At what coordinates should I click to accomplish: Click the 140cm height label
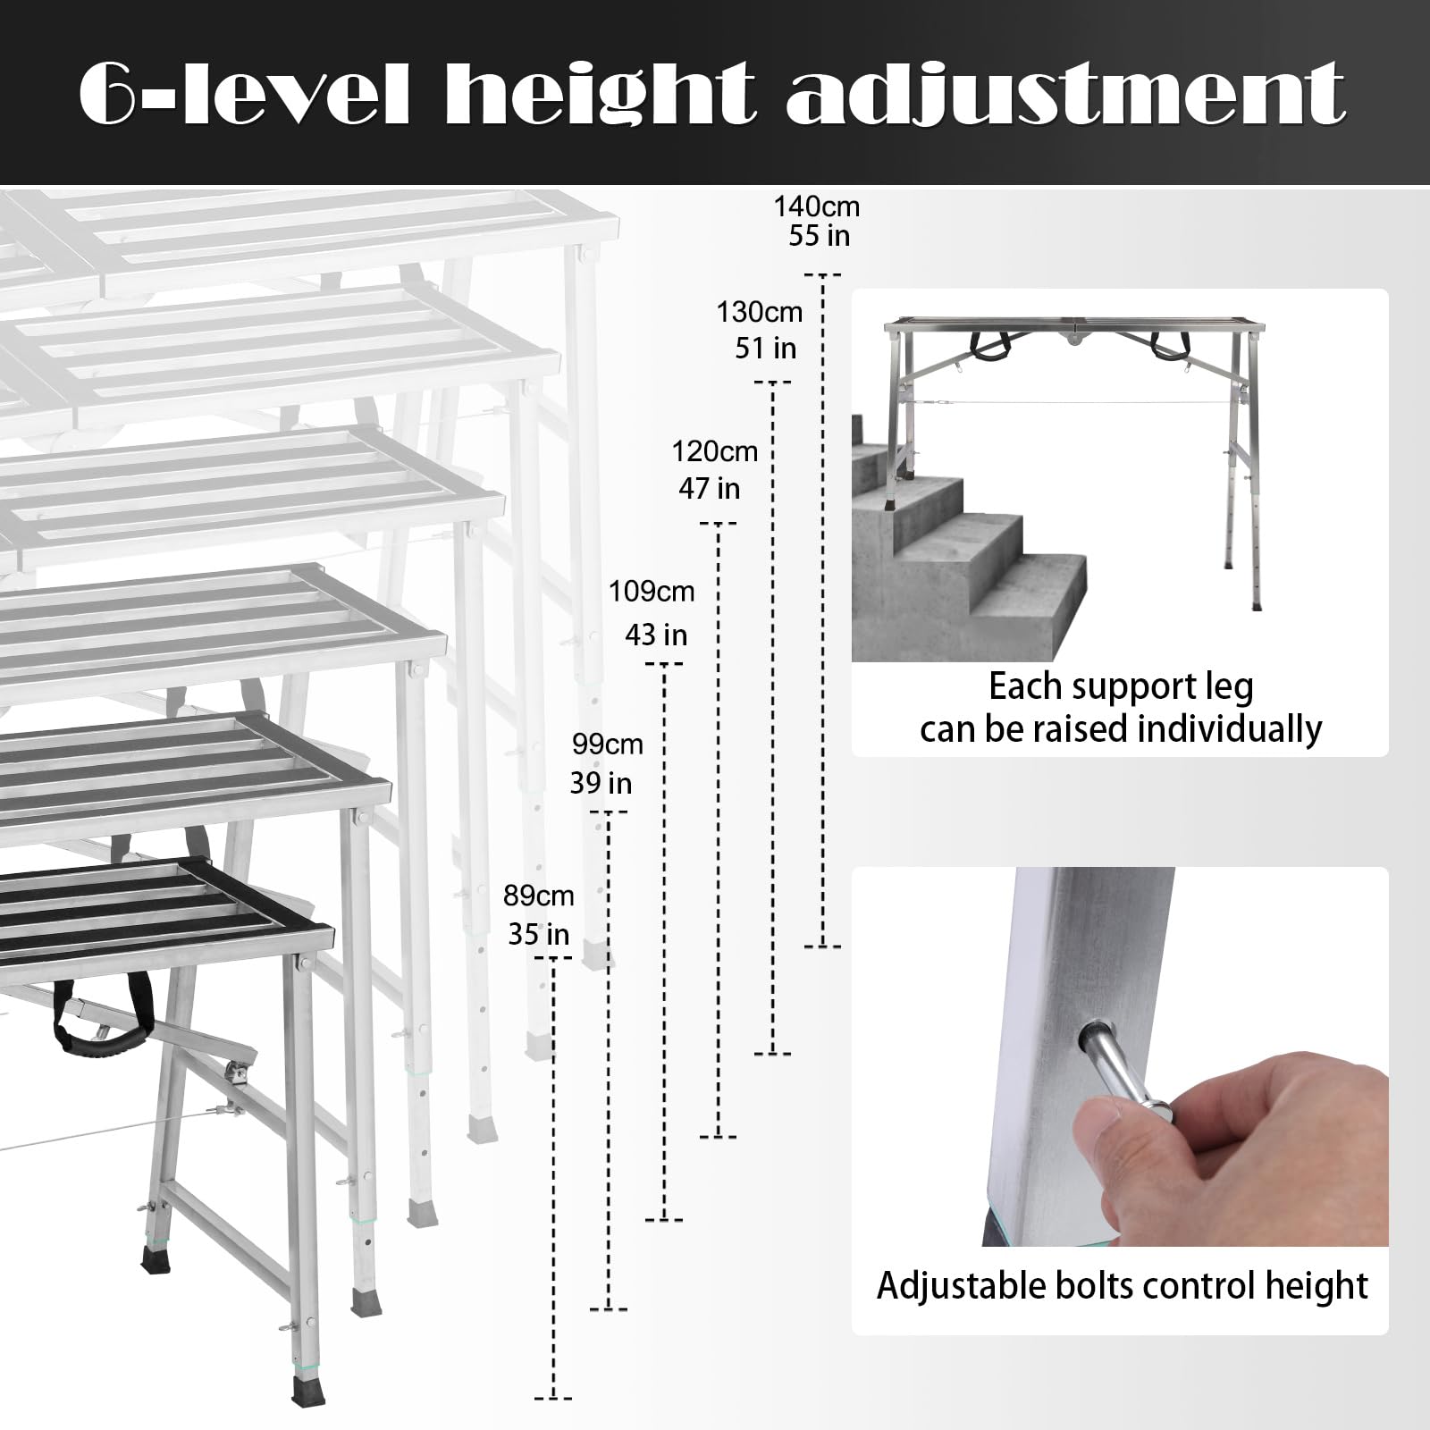816,206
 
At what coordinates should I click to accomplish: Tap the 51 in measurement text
766,348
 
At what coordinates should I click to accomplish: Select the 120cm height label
715,451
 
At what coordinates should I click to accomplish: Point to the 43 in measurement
656,635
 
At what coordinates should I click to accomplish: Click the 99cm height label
608,744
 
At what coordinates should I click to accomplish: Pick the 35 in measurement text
538,934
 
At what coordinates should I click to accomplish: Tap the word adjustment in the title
1065,94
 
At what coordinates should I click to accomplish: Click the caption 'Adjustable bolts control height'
1122,1285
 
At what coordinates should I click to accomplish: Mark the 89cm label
538,895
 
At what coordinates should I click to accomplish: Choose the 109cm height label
652,591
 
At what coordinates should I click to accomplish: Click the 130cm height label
760,312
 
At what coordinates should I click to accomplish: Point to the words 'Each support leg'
1121,686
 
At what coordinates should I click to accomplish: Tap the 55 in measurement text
820,236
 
